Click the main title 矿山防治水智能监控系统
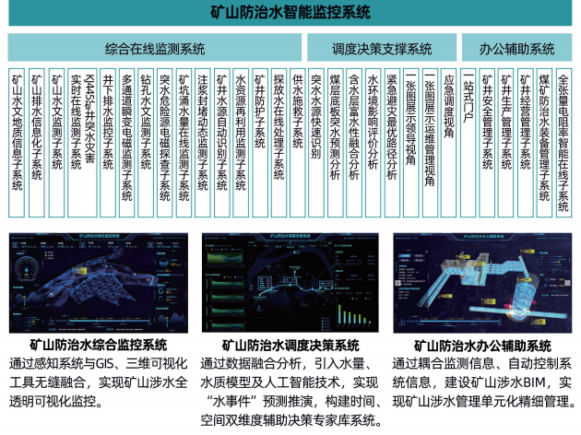290,16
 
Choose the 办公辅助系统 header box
517,48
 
